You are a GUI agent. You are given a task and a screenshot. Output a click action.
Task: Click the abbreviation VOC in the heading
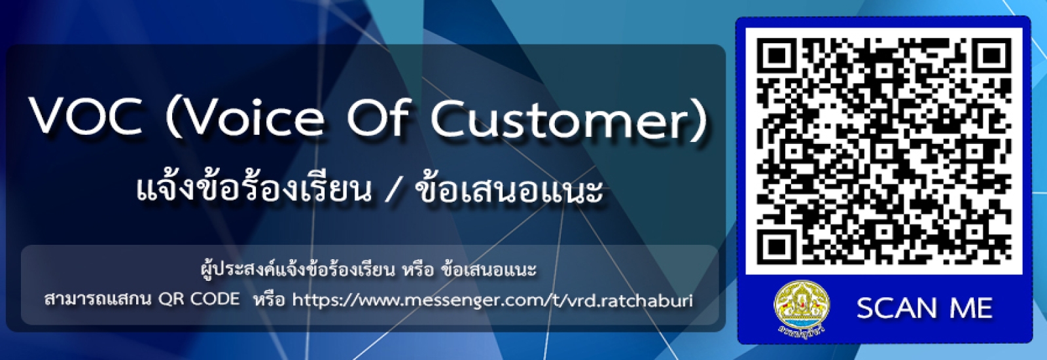click(85, 118)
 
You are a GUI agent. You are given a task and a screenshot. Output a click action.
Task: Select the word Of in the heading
click(378, 118)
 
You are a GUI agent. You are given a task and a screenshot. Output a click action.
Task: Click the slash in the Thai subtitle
click(393, 190)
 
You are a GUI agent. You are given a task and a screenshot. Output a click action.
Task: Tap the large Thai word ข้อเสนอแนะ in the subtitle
click(509, 189)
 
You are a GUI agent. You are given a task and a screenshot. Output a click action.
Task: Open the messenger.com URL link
click(491, 300)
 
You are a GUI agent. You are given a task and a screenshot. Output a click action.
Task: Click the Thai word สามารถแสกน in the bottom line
click(98, 300)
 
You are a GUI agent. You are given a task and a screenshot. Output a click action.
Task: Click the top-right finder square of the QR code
click(992, 57)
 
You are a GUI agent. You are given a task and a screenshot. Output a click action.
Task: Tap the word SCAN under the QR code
click(896, 308)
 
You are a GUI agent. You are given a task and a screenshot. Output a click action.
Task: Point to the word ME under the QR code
click(971, 308)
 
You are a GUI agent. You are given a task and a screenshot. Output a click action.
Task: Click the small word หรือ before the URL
click(269, 300)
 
